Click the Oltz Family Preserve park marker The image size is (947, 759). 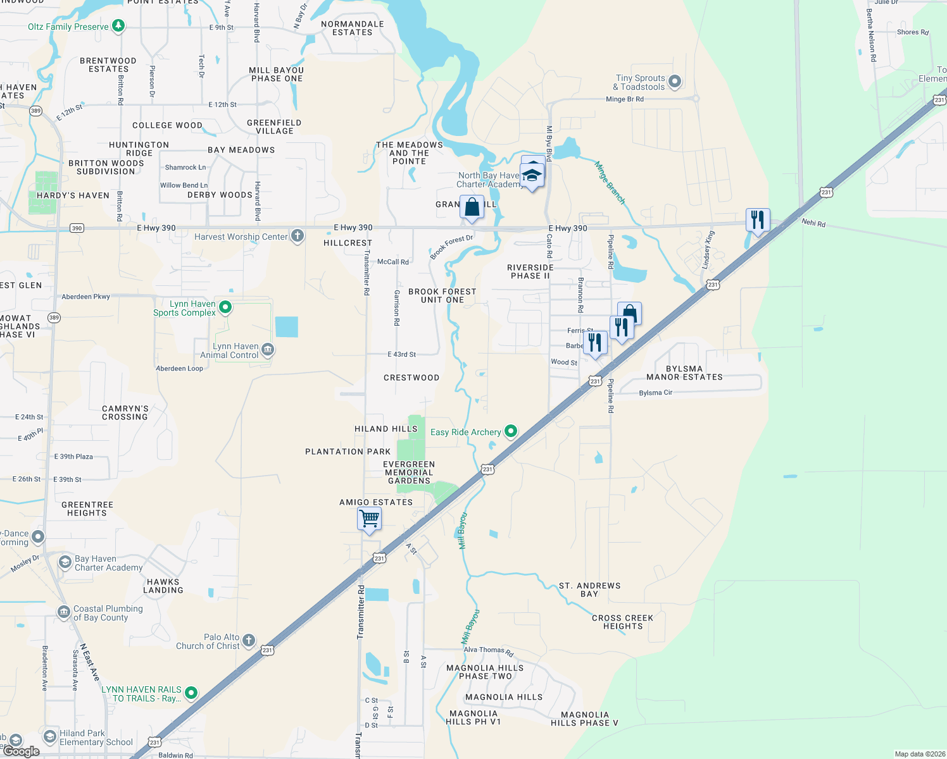pyautogui.click(x=118, y=26)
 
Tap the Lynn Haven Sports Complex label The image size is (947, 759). pyautogui.click(x=184, y=308)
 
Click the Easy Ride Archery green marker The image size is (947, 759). pyautogui.click(x=510, y=431)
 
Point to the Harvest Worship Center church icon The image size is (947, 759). pyautogui.click(x=297, y=237)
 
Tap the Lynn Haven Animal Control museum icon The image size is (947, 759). pyautogui.click(x=268, y=350)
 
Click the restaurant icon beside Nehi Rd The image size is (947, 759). pyautogui.click(x=758, y=220)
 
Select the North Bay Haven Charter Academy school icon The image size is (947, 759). pyautogui.click(x=532, y=174)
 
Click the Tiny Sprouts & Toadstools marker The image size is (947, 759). pyautogui.click(x=675, y=81)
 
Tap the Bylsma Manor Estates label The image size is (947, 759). pyautogui.click(x=684, y=373)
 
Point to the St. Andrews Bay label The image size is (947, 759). pyautogui.click(x=589, y=589)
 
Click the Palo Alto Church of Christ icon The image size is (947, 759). pyautogui.click(x=249, y=641)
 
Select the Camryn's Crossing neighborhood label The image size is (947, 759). pyautogui.click(x=125, y=412)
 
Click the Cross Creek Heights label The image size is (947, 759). pyautogui.click(x=622, y=622)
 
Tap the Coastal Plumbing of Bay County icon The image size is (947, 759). pyautogui.click(x=64, y=612)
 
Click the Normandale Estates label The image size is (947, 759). pyautogui.click(x=353, y=28)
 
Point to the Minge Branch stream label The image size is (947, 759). pyautogui.click(x=609, y=183)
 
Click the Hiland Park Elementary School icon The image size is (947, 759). pyautogui.click(x=50, y=737)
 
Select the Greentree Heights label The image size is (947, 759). pyautogui.click(x=87, y=509)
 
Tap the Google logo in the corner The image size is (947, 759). pyautogui.click(x=22, y=751)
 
